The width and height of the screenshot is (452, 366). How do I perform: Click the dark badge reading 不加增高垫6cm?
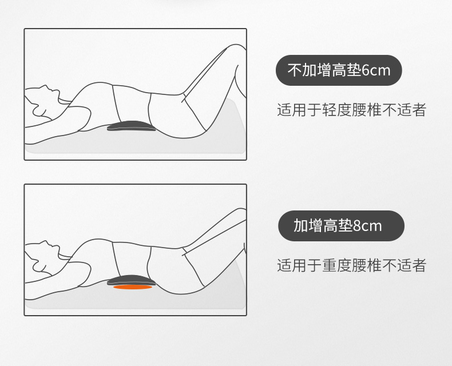[x=339, y=70]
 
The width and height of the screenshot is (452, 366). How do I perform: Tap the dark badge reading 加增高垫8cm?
[x=341, y=226]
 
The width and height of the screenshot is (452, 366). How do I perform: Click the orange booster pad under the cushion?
[x=133, y=287]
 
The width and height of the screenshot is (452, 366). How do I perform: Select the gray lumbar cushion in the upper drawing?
[x=132, y=126]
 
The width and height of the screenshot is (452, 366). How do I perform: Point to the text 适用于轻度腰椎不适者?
[x=352, y=110]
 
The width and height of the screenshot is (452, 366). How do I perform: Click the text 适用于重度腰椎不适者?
[x=352, y=265]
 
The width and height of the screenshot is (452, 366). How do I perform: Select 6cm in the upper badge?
[x=375, y=70]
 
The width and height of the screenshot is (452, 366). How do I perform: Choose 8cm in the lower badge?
[x=367, y=226]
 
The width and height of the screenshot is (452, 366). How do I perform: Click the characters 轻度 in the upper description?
[x=336, y=110]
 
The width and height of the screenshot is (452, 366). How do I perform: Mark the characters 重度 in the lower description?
[x=336, y=265]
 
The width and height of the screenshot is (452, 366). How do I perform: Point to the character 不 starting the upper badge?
[x=294, y=70]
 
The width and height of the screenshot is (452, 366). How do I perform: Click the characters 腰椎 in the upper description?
[x=367, y=110]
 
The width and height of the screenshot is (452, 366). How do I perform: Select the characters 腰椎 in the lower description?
[x=367, y=265]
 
